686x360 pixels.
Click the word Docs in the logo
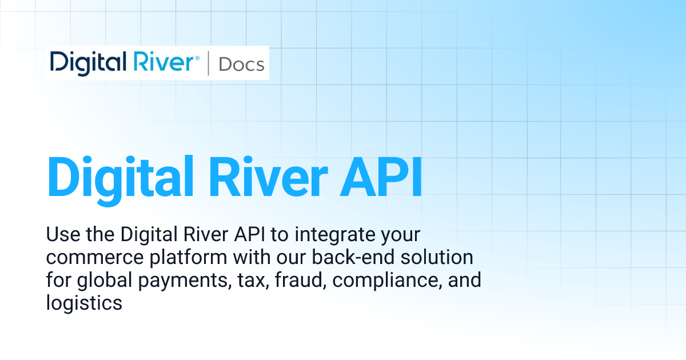(242, 64)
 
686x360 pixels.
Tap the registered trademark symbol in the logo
(197, 58)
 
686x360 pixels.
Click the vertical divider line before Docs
(208, 63)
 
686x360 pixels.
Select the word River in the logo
(166, 63)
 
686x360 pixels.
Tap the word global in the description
(101, 281)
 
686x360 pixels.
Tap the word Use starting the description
(62, 235)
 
